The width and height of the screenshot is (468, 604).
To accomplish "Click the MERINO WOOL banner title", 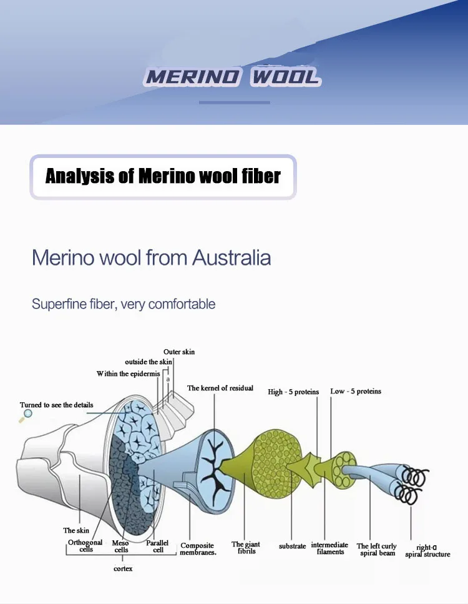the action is tap(232, 77).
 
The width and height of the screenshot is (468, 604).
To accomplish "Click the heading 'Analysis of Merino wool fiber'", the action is tap(163, 176).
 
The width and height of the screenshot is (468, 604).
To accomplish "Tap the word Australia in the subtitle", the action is tap(231, 257).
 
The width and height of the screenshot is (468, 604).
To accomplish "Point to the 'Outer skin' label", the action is tap(179, 352).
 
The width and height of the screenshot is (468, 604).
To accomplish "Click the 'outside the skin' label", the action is tap(148, 362).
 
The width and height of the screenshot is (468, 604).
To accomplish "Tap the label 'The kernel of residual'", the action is tap(220, 388).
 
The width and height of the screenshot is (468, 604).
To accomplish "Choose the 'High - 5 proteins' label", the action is tap(293, 392).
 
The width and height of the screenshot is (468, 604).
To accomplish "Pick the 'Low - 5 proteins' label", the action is tap(356, 391).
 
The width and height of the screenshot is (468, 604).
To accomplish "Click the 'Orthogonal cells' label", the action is tap(85, 546).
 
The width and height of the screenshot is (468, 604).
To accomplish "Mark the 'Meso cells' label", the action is tap(121, 547).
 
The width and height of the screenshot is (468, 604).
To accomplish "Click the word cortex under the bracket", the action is tap(123, 568).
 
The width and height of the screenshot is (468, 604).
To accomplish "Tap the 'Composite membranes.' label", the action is tap(198, 549).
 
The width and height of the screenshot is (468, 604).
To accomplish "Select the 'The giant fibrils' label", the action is tap(246, 548).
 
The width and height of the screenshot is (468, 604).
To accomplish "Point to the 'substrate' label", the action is tap(292, 546).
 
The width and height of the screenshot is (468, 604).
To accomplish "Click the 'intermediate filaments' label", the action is tap(329, 548).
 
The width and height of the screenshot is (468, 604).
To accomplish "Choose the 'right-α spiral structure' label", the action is tap(427, 550).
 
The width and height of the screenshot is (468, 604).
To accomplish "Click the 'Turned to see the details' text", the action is tap(56, 405).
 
